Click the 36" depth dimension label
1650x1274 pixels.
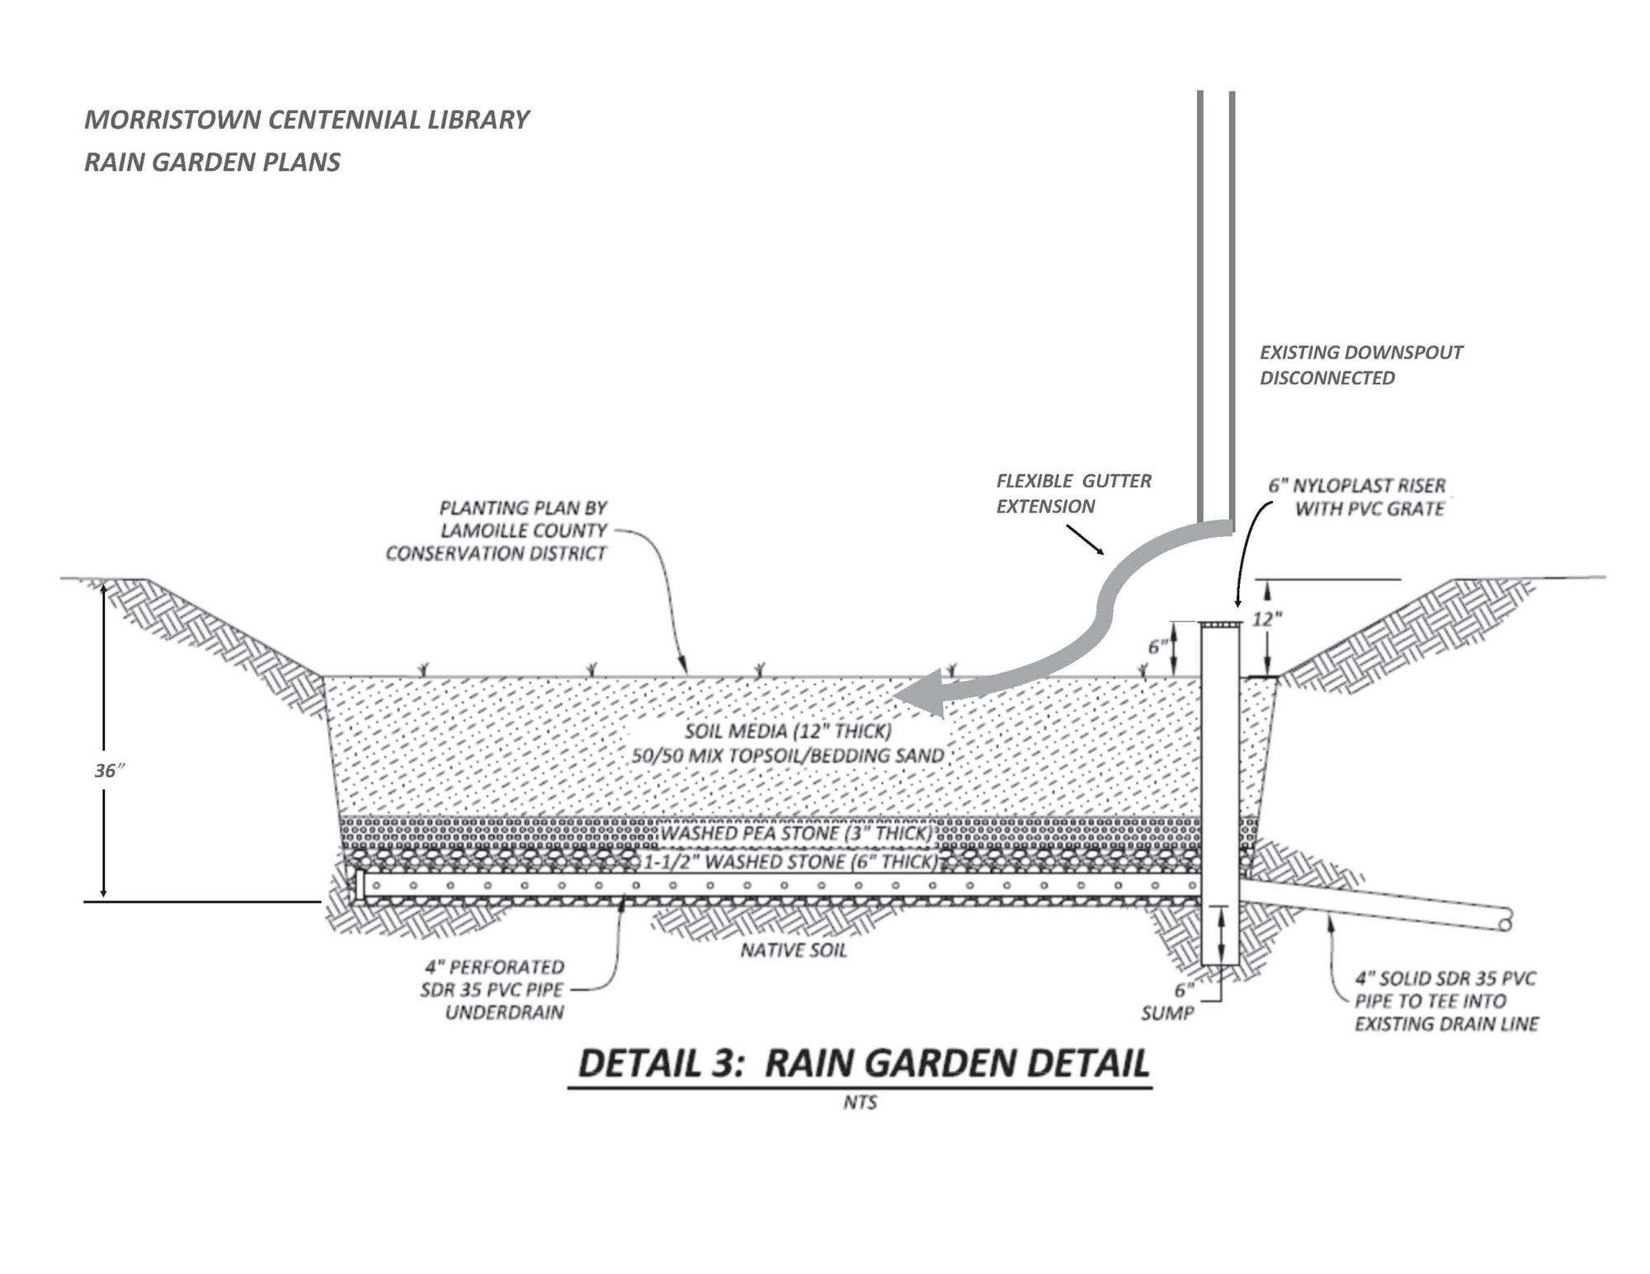pos(109,771)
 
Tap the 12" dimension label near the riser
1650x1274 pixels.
pos(1266,619)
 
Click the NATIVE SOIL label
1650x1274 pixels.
pos(794,951)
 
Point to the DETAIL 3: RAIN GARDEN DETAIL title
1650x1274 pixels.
pos(863,1064)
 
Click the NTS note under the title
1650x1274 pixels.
pos(860,1102)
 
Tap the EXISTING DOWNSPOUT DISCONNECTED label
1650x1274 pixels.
pos(1360,365)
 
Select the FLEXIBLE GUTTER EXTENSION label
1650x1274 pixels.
pos(1072,493)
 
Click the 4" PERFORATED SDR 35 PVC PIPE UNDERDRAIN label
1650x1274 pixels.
pos(493,990)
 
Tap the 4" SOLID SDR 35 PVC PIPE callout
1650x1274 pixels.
pos(1446,1001)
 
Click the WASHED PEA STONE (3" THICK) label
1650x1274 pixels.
pos(796,834)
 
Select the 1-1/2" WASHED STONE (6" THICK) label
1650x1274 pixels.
pos(790,863)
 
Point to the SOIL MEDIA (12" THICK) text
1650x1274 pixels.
pos(788,731)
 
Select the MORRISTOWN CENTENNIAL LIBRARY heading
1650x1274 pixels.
pos(306,120)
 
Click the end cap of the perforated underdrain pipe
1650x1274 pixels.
pos(360,886)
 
